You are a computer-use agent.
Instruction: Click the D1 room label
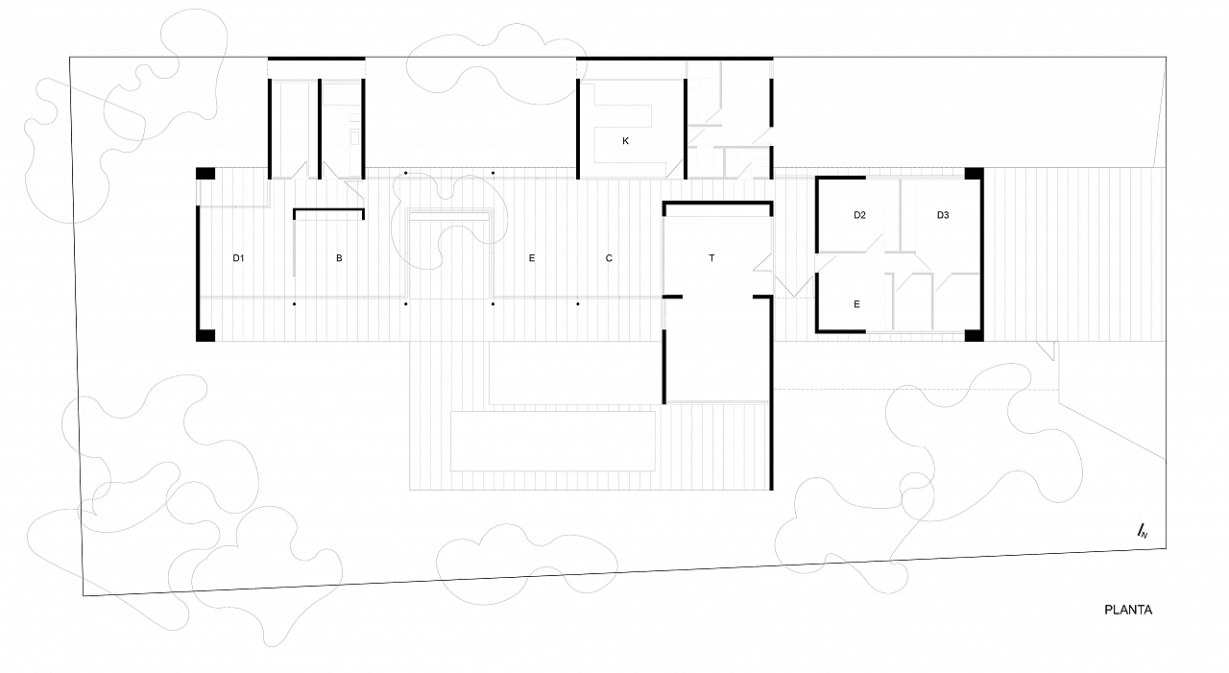(x=238, y=258)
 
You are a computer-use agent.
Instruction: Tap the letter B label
(x=339, y=258)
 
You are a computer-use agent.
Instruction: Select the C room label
(x=609, y=258)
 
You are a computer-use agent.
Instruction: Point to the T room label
(x=711, y=258)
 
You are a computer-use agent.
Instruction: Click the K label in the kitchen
(x=625, y=141)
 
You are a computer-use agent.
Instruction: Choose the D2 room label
(x=859, y=215)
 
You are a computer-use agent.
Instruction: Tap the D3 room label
(x=943, y=215)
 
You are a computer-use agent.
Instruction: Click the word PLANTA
(x=1128, y=610)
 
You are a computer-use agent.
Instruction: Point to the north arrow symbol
(x=1143, y=531)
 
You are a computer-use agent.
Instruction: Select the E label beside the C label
(x=532, y=258)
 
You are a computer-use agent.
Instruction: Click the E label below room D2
(x=856, y=304)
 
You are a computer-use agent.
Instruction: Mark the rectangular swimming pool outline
(x=553, y=441)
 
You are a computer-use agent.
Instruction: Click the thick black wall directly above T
(x=717, y=204)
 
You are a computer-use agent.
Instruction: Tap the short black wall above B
(x=328, y=209)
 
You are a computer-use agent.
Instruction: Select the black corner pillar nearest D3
(x=974, y=174)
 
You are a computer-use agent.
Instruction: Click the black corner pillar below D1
(x=205, y=335)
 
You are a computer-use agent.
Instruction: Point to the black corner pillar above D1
(x=205, y=174)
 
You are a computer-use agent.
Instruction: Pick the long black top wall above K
(x=674, y=59)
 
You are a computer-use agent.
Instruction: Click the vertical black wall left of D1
(x=198, y=267)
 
